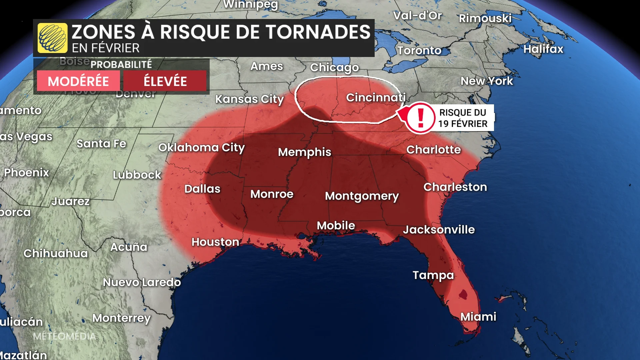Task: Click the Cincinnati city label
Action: pos(376,97)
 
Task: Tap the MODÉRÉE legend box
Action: pos(78,81)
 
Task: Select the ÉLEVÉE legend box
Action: pos(165,81)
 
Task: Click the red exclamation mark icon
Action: pos(420,118)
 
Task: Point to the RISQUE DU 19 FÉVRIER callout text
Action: pos(463,118)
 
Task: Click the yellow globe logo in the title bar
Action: pos(52,38)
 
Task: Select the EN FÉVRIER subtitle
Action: pos(106,48)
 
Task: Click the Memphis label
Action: pos(304,152)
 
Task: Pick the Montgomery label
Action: pos(362,196)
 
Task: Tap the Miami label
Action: pos(478,317)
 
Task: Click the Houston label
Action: pos(215,242)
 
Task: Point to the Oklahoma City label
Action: pos(201,147)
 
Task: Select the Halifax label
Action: pos(543,49)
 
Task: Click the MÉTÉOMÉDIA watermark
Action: pos(64,336)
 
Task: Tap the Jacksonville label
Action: pos(439,230)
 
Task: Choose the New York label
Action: pos(487,81)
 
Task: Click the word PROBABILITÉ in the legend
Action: pos(121,64)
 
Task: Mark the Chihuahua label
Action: pos(56,253)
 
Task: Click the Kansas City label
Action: pos(249,99)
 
